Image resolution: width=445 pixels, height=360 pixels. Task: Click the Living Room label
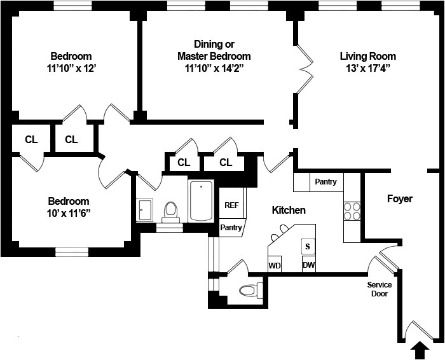pos(368,56)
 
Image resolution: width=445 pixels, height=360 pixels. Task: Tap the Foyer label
pos(400,199)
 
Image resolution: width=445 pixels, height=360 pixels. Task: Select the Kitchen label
pos(289,210)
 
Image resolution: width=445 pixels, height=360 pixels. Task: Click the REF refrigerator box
pos(231,205)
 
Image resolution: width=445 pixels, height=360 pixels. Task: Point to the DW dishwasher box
pos(309,265)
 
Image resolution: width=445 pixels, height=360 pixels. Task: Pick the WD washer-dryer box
pos(275,265)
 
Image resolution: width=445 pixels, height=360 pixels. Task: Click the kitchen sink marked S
pos(308,246)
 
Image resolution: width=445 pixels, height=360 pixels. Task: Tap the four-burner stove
pos(352,211)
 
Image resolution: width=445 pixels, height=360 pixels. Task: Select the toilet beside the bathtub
pos(170,211)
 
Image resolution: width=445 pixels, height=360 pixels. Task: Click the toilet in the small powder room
pos(249,291)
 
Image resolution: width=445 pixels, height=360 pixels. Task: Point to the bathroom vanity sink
pos(144,210)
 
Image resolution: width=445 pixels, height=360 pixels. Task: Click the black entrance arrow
pos(420,349)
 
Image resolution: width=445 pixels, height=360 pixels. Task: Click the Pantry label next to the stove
pos(325,182)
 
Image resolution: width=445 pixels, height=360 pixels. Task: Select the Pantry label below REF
pos(231,227)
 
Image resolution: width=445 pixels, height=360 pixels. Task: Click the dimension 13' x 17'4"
pos(368,67)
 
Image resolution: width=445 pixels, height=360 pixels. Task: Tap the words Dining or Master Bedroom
pos(214,50)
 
